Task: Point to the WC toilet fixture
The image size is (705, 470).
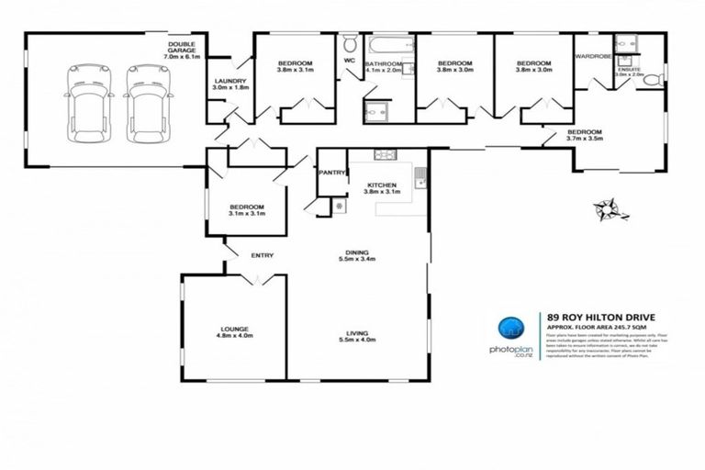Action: [350, 45]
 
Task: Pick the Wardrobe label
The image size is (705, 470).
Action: [594, 57]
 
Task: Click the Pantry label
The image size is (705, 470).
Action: [330, 173]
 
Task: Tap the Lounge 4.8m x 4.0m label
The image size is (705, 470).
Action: [234, 332]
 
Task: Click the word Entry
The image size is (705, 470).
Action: [263, 255]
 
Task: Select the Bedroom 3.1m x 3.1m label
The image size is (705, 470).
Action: [247, 211]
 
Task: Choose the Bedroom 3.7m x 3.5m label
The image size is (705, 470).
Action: [584, 136]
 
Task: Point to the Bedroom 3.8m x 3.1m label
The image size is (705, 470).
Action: [295, 64]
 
